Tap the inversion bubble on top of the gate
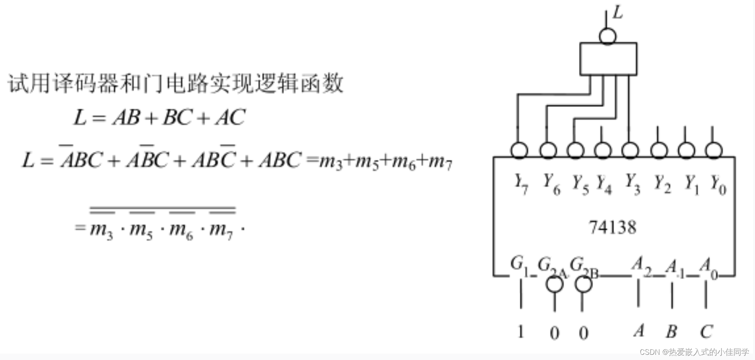point(608,36)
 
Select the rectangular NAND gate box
point(608,59)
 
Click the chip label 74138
point(612,228)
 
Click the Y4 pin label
point(604,184)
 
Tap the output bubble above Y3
point(630,150)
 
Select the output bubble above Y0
point(714,150)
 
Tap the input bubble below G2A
point(554,284)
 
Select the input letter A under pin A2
point(639,331)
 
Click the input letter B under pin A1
point(671,331)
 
